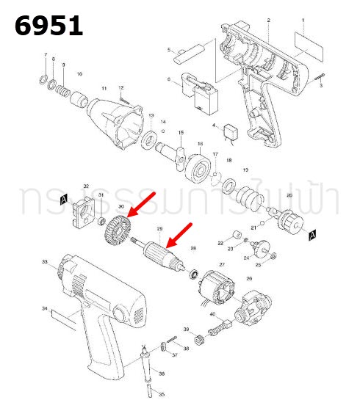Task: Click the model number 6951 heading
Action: tap(49, 26)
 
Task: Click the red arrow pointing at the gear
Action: tap(143, 203)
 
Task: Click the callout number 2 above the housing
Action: tap(268, 20)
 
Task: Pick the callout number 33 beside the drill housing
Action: tap(45, 262)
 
